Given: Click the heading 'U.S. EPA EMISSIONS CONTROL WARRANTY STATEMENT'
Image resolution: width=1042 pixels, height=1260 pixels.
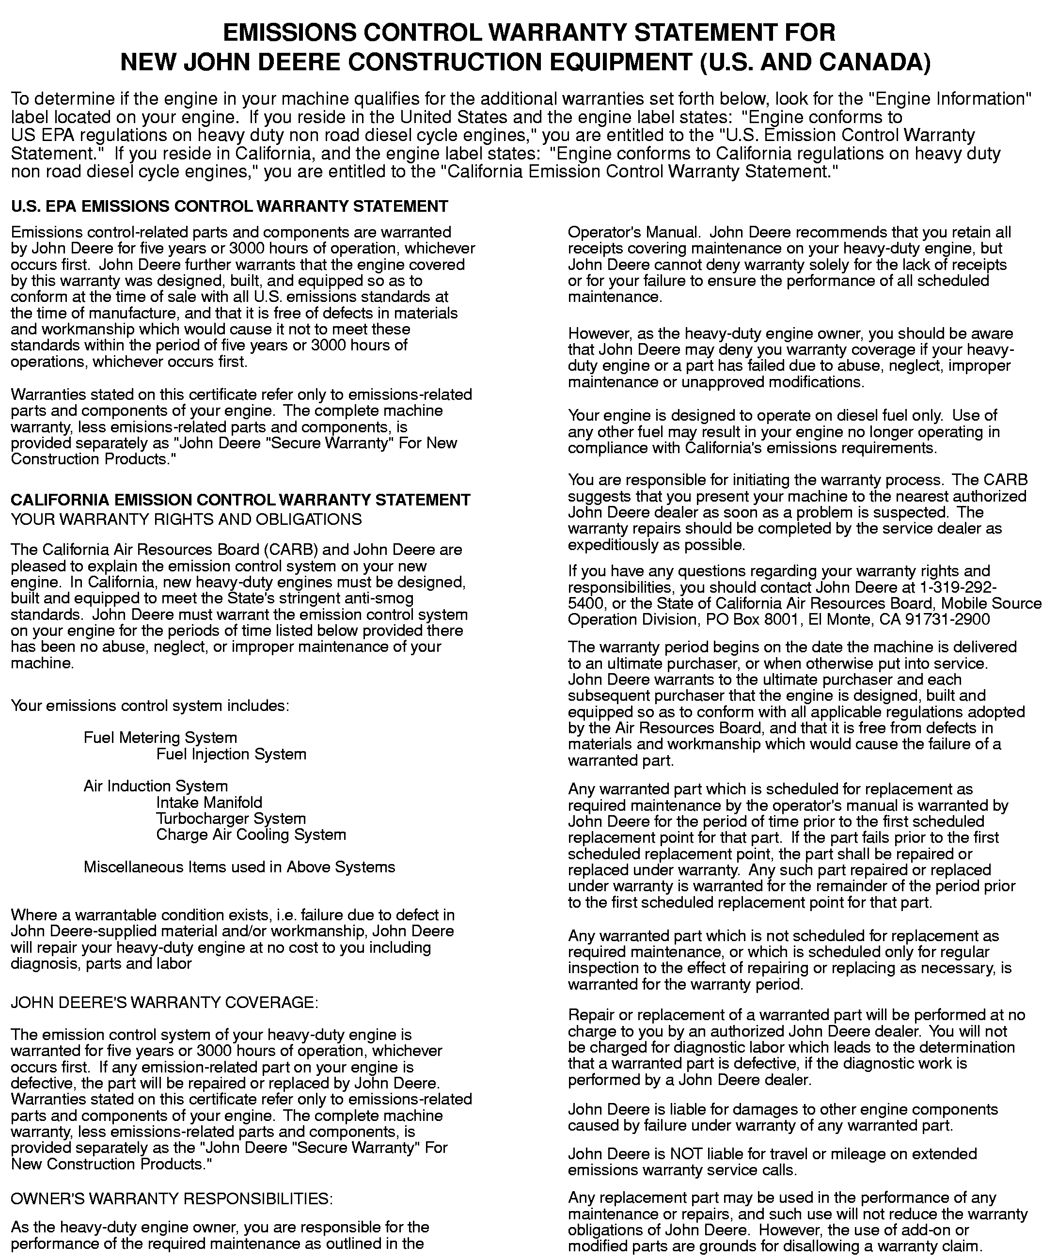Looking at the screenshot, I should point(229,206).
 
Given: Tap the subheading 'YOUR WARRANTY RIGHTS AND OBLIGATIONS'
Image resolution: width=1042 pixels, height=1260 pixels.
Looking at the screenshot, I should point(186,519).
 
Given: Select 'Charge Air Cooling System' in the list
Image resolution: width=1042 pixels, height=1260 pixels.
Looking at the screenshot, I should point(251,835).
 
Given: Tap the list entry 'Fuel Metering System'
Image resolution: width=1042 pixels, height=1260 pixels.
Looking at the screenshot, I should point(160,738).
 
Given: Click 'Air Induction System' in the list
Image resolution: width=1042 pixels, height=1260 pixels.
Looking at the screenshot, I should point(156,786).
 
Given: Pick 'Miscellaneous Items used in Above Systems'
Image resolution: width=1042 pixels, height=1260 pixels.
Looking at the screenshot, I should point(239,867).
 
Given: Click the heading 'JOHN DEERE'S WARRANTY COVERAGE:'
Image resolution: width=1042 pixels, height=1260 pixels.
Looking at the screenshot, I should point(164,1002).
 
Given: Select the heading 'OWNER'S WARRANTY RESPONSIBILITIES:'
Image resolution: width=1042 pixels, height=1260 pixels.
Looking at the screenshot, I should point(171,1199).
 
